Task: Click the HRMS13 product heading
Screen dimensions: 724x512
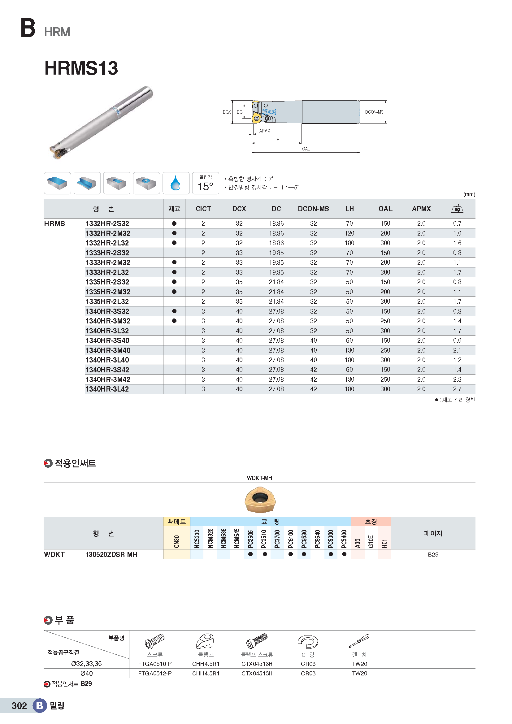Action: click(81, 68)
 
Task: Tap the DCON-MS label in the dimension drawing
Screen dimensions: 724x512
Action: click(374, 112)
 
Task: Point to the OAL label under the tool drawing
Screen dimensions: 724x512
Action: click(306, 149)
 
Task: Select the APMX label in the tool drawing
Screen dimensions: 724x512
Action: click(264, 131)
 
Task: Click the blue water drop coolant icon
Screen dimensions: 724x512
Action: click(176, 183)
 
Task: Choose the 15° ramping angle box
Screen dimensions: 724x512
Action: click(206, 183)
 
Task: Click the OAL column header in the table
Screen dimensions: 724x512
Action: click(385, 209)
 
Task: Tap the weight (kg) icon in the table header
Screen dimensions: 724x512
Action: click(457, 208)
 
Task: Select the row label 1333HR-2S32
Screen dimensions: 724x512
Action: click(107, 253)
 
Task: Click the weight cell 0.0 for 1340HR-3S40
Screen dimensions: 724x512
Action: click(457, 340)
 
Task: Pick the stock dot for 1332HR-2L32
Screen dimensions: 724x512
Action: click(174, 243)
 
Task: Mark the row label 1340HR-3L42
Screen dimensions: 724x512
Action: click(107, 389)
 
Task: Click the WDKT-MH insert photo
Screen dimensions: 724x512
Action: click(260, 500)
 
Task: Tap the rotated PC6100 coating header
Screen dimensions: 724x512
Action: click(291, 539)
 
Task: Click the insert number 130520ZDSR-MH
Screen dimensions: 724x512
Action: click(111, 555)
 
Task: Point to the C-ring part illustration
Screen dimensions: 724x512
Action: click(308, 642)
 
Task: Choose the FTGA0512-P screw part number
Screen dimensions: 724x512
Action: click(155, 674)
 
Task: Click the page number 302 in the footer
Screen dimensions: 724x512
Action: click(19, 706)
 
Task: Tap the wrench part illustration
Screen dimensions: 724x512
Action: click(359, 641)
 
